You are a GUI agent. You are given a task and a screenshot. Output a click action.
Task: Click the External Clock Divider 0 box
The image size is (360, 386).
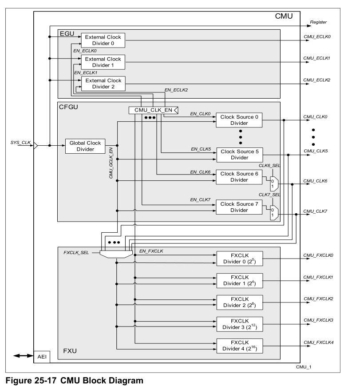[103, 40]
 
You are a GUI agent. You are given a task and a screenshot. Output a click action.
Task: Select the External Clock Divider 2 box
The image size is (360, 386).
[103, 84]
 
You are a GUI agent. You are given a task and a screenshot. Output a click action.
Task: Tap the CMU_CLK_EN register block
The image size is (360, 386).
[153, 110]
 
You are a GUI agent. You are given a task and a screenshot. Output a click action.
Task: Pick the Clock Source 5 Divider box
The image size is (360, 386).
[239, 154]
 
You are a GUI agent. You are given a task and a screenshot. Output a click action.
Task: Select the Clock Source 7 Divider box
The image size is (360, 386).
[239, 207]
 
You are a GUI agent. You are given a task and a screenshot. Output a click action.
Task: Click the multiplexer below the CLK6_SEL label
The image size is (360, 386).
[275, 182]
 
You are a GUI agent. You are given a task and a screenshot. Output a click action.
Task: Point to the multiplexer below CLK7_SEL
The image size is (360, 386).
[275, 212]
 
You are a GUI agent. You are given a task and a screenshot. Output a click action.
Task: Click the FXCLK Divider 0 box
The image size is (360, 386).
[239, 259]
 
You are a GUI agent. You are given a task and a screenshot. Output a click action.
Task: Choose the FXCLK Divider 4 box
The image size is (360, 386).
[239, 346]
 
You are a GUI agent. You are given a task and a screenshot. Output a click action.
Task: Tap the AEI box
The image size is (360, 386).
[44, 357]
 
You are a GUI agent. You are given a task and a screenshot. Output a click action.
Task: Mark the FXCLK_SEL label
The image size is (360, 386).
[76, 252]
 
